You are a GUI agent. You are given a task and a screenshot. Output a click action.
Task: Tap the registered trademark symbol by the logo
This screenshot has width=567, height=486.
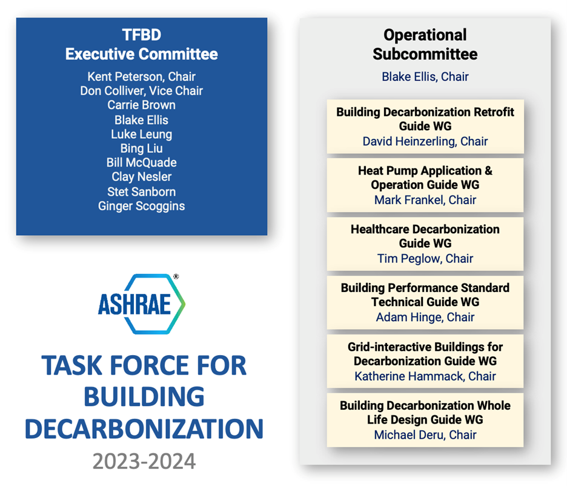point(176,276)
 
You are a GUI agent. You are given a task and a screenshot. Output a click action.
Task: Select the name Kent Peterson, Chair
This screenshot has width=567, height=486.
point(141,77)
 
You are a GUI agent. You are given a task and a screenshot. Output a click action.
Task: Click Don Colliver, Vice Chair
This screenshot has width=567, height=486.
point(141,91)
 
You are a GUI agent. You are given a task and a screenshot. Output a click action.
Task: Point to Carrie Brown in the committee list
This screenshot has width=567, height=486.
point(141,105)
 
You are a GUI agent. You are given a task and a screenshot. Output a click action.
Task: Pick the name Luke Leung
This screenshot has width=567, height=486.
point(141,134)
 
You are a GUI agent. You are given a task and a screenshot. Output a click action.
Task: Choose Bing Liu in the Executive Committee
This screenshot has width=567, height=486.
point(141,148)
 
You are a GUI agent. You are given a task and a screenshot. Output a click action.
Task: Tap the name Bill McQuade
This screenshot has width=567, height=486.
point(141,162)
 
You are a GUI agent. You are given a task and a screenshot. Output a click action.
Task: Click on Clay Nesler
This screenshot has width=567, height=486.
point(141,176)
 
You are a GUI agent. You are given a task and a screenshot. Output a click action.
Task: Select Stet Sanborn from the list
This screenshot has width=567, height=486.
point(141,191)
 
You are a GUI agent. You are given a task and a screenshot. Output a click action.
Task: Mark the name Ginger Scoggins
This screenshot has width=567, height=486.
point(141,206)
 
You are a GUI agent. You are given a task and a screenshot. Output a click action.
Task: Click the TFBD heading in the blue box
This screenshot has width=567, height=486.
point(141,35)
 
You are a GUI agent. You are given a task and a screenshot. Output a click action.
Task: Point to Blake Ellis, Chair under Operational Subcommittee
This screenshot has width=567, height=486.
point(425,77)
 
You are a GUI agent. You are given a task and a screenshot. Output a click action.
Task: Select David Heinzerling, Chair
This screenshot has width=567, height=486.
point(425,141)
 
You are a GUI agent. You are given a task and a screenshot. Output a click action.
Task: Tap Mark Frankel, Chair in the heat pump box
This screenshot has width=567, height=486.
point(425,200)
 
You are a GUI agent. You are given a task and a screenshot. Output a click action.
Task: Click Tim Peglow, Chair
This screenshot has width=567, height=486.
point(425,259)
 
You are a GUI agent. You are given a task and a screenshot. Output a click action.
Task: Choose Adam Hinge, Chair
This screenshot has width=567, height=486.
point(425,317)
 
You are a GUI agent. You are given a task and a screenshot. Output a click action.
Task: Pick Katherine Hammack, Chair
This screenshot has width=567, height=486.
point(425,376)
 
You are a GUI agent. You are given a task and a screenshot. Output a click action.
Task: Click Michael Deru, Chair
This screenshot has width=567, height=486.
point(425,434)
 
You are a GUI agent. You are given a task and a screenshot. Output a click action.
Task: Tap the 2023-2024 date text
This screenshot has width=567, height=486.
point(144,461)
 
